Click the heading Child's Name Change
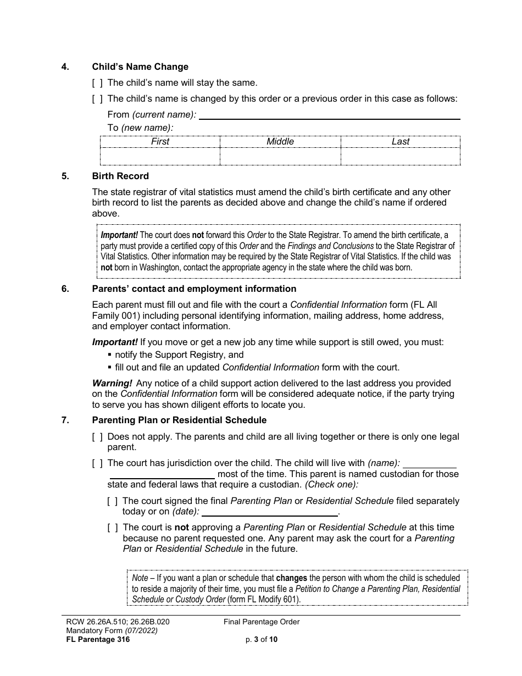140,67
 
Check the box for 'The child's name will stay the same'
97,83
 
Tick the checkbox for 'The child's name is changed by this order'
97,99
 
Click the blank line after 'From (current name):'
329,115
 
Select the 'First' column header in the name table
160,142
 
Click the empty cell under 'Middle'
280,157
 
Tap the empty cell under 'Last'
400,157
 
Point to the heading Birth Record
120,176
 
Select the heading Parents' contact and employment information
194,289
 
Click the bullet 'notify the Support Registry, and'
179,355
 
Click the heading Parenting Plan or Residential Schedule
179,420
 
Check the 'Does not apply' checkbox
97,437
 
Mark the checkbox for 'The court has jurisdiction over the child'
97,463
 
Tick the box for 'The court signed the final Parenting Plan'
113,501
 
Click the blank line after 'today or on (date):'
269,513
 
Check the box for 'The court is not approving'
113,528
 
